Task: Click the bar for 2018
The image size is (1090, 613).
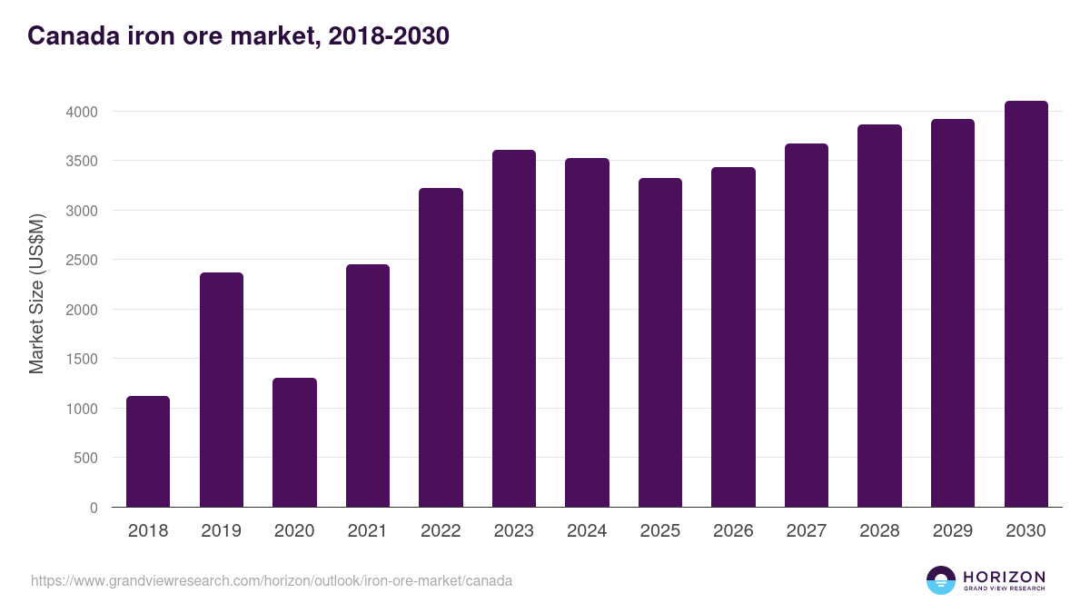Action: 148,451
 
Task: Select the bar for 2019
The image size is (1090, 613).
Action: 222,390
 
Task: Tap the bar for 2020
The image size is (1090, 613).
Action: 294,442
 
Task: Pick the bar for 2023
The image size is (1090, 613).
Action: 514,329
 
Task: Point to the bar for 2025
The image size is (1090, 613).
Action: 660,342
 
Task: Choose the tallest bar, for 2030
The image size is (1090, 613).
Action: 1026,304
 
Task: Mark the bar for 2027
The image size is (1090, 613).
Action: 807,325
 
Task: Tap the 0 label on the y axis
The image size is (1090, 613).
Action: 94,508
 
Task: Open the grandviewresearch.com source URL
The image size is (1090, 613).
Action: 272,580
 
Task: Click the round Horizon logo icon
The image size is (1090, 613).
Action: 941,580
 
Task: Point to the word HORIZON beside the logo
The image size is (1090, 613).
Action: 1004,577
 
